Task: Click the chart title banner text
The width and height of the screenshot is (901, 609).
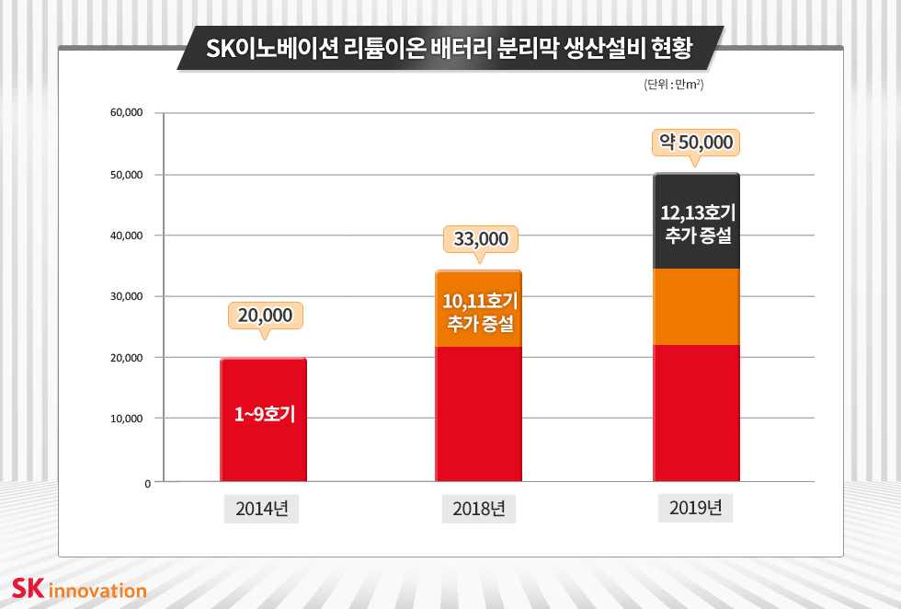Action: [x=450, y=48]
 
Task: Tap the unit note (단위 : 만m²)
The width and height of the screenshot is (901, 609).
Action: [x=674, y=85]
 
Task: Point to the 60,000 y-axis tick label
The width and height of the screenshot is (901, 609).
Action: [x=126, y=113]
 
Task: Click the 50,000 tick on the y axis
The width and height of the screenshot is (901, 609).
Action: [x=126, y=175]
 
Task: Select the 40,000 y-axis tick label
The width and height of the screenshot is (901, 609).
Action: [x=126, y=236]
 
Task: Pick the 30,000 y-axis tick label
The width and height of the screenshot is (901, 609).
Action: [x=126, y=296]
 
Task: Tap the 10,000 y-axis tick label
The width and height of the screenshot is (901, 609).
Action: [x=126, y=419]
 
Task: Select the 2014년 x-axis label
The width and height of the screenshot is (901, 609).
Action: [x=262, y=508]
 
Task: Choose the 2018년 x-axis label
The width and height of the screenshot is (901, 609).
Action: [x=479, y=508]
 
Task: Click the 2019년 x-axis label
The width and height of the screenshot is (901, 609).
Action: [x=695, y=507]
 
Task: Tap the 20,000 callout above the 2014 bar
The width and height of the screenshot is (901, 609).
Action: [x=265, y=316]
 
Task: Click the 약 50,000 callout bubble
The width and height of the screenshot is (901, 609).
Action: [x=695, y=143]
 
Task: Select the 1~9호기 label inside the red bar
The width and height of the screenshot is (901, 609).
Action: [x=264, y=414]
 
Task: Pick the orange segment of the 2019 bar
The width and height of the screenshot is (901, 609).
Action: [x=696, y=306]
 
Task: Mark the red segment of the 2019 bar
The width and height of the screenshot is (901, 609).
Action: [x=696, y=412]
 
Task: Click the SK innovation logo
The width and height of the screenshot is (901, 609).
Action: [x=79, y=589]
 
